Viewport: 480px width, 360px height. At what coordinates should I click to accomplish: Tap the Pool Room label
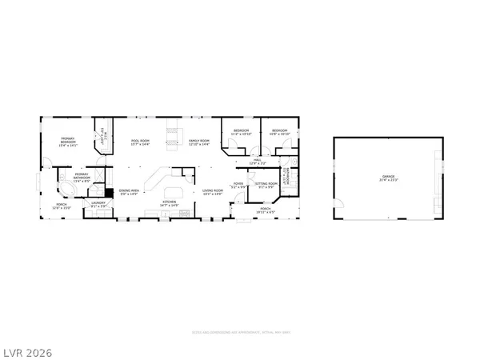click(x=140, y=142)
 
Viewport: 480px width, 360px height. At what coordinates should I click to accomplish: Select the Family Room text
click(x=198, y=142)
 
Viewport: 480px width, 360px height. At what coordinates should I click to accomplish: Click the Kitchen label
click(x=170, y=203)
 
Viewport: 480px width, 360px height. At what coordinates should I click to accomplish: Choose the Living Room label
click(x=213, y=191)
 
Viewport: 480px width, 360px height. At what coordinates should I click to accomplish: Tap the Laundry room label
click(x=98, y=204)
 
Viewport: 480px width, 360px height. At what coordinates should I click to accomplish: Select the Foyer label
click(x=238, y=185)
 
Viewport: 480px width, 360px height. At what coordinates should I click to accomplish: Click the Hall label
click(x=258, y=161)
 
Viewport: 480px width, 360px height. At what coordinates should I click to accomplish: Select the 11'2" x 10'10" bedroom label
click(x=242, y=132)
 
